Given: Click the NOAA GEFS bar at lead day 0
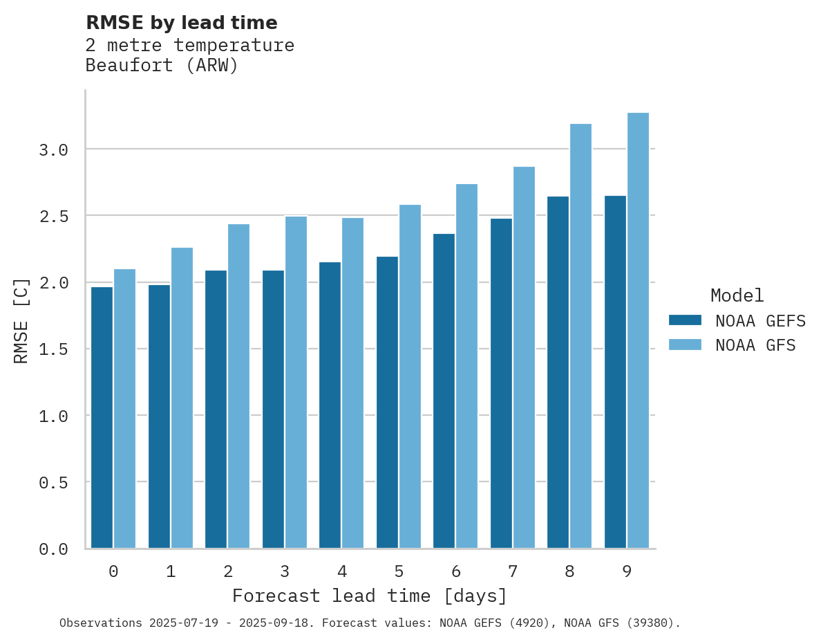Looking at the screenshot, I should pos(102,417).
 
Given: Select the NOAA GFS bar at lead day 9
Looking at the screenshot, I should pos(638,331).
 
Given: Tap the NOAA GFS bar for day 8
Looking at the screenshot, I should pos(581,336).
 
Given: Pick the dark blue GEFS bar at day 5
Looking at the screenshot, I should pos(387,403).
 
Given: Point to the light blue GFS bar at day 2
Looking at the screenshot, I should pos(238,386).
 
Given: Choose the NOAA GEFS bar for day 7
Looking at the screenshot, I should pos(501,383).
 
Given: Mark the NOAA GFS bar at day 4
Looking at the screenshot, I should pos(352,383).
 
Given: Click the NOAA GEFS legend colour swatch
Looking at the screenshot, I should pos(685,320).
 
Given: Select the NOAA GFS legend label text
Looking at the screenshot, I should pos(755,345).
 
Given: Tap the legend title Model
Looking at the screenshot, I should pos(737,295).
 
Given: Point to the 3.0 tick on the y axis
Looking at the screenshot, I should pos(53,149).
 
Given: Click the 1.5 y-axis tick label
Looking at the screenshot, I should pos(53,349).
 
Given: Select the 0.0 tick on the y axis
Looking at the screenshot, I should pos(53,549).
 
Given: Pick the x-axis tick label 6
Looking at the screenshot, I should pos(456,571).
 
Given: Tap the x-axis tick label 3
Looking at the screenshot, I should pos(285,571).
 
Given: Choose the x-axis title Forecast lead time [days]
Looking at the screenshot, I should pos(370,596).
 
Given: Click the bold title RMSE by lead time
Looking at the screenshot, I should pos(181,23).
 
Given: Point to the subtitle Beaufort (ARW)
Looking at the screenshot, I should pos(162,66).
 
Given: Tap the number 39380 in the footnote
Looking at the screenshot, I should pos(650,623).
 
